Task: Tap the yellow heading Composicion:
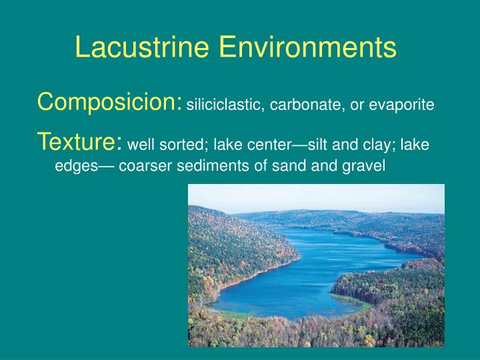click(x=110, y=103)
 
